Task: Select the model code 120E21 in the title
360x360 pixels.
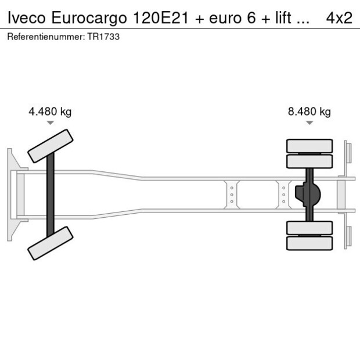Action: [157, 17]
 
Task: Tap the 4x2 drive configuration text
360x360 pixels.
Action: [339, 17]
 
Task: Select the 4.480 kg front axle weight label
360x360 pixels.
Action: [50, 112]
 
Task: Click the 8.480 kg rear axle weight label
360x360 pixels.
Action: [309, 112]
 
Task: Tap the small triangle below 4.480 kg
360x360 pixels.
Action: [51, 123]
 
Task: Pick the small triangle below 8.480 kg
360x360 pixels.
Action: [309, 123]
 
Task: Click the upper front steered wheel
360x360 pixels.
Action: [51, 146]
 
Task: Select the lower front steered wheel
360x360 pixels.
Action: [51, 243]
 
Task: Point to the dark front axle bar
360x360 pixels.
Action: [51, 195]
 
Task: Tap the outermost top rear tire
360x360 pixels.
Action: [309, 145]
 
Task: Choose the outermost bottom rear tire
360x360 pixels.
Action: [309, 243]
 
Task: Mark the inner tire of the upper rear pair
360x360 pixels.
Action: [309, 161]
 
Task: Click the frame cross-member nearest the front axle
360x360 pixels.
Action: [232, 195]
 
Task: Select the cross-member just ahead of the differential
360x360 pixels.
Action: [283, 195]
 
